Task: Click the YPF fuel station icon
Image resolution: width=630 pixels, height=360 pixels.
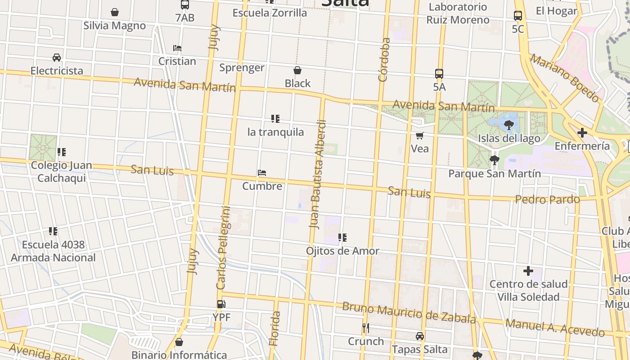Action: point(221,304)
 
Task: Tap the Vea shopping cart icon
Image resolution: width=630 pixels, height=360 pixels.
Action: point(419,135)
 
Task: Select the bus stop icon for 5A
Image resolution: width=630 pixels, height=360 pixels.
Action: point(439,74)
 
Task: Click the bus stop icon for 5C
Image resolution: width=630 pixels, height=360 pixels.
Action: point(518,16)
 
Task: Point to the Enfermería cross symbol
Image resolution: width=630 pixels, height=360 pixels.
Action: point(582,133)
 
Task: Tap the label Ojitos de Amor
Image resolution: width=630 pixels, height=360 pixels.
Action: point(342,251)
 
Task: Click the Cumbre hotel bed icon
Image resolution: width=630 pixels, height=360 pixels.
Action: point(262,173)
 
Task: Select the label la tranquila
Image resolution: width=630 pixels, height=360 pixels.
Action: point(275,132)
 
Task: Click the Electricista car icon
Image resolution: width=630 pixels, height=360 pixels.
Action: point(57,58)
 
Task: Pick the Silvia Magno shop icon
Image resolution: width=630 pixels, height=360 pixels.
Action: point(115,12)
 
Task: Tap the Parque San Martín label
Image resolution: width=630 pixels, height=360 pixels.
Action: point(495,174)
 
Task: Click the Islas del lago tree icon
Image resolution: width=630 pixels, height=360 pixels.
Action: point(509,125)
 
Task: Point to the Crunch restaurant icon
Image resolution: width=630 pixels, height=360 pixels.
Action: point(366,328)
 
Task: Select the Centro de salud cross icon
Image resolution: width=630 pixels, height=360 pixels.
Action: point(528,271)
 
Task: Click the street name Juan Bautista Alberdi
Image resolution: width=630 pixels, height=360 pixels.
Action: point(317,174)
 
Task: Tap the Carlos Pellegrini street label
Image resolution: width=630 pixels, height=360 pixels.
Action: point(223,247)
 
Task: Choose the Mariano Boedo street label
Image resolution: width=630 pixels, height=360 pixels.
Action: point(564,77)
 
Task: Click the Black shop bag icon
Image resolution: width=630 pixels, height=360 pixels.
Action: point(297,70)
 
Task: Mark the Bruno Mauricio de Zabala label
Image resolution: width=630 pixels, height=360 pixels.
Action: point(409,313)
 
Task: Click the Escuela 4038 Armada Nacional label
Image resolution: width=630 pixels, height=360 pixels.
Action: point(53,251)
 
